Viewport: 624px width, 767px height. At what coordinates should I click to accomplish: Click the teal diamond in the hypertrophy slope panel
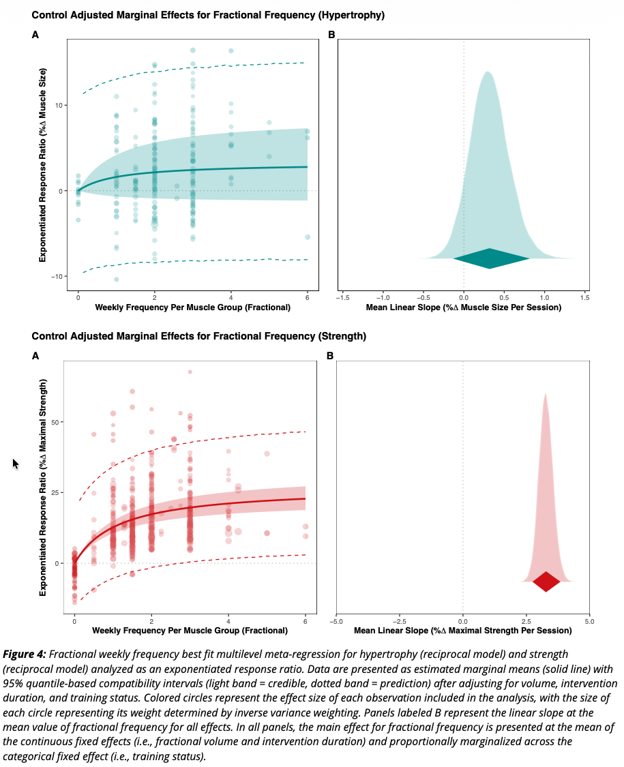point(491,258)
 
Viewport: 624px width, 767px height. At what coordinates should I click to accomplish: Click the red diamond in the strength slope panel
point(546,582)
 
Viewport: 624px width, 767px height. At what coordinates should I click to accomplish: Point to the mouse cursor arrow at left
point(16,464)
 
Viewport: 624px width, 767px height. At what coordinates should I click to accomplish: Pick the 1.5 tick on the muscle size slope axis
point(584,297)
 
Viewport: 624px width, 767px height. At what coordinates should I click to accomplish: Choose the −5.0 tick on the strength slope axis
point(336,621)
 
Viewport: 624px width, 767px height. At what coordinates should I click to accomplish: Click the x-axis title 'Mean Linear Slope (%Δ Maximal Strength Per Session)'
point(463,632)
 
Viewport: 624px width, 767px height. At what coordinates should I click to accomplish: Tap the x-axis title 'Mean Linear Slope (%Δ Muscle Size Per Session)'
point(464,307)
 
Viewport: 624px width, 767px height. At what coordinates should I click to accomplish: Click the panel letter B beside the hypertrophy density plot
point(331,33)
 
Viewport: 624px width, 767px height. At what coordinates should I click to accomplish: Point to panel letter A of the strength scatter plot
point(35,355)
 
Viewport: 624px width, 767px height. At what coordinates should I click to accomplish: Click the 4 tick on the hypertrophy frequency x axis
point(231,297)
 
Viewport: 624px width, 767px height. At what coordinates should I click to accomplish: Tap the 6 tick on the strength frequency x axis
point(305,621)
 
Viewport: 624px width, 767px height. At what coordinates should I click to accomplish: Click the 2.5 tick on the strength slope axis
point(526,621)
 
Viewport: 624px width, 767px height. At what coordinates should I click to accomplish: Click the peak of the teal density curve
point(487,72)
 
